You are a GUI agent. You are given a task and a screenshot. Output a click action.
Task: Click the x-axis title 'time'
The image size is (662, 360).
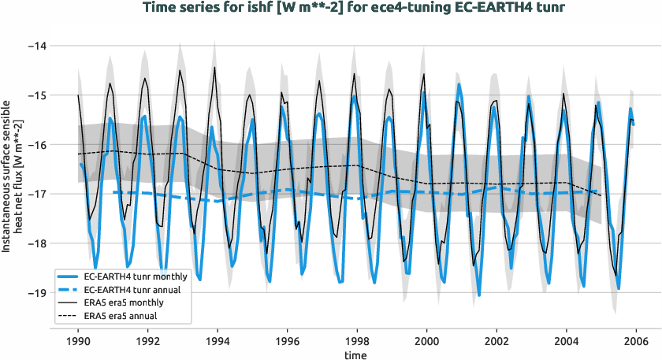click(x=356, y=356)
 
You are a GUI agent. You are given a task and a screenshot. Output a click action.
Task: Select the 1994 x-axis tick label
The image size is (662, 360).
click(x=218, y=341)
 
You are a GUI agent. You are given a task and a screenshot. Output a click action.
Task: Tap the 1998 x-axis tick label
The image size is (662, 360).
click(x=357, y=341)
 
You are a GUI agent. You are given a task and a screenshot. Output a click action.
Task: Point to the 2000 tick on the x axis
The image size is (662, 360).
click(x=426, y=341)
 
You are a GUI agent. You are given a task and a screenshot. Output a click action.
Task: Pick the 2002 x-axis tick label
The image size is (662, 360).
click(x=496, y=341)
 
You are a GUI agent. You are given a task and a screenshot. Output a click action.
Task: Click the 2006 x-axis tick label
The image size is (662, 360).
click(x=635, y=341)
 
